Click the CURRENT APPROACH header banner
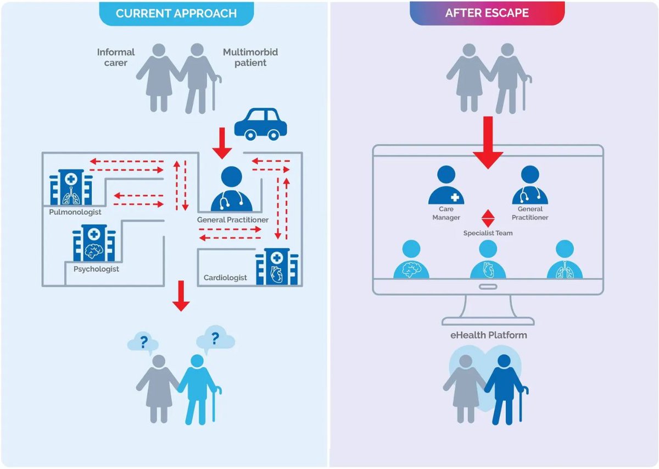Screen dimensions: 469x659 [x=176, y=13]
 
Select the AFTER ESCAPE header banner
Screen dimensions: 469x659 [x=487, y=13]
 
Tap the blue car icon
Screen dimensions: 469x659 [x=260, y=123]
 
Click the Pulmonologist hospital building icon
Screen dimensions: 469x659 [x=70, y=186]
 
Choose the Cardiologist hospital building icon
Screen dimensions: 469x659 [x=276, y=266]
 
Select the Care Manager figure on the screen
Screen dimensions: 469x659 [x=446, y=186]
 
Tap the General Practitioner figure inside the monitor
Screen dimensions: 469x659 [x=530, y=186]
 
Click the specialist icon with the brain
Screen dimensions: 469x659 [x=412, y=260]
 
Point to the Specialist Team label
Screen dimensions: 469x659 [x=488, y=233]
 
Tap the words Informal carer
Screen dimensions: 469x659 [x=116, y=57]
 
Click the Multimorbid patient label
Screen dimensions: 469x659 [x=250, y=57]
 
